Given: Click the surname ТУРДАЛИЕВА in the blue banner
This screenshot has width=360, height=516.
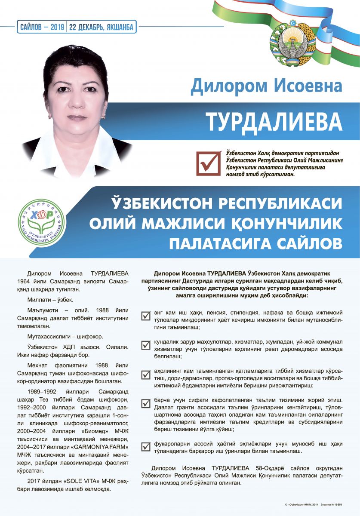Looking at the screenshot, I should (x=274, y=122).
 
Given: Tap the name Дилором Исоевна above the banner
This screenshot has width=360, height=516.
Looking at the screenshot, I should (x=266, y=86).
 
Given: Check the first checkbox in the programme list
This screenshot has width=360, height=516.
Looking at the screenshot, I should (x=145, y=316).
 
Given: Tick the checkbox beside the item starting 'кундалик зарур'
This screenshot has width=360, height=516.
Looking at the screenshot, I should (x=145, y=344).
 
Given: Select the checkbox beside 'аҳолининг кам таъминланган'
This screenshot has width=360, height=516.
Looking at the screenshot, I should (x=145, y=374).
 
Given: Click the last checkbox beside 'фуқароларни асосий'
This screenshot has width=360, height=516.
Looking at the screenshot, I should (x=145, y=447).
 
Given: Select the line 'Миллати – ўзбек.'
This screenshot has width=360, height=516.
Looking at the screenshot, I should (x=50, y=299).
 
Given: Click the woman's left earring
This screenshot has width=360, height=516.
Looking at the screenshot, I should (x=103, y=117).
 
